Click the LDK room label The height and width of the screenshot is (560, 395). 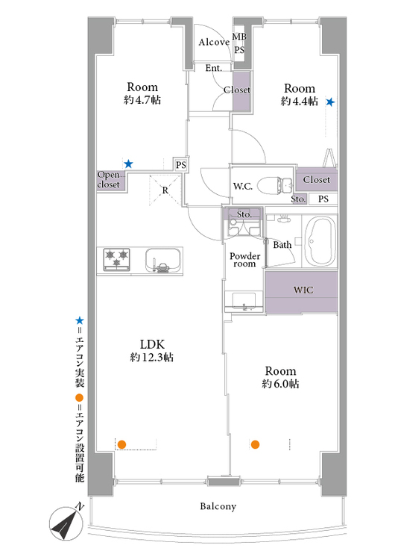(152, 344)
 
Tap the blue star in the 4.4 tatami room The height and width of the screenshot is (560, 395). (330, 102)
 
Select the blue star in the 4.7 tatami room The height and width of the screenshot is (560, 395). (128, 164)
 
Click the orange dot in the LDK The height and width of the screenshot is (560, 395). (122, 445)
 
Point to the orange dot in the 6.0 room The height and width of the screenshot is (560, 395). (255, 445)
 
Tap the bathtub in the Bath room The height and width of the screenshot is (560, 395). (320, 241)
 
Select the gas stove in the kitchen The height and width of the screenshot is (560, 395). (116, 259)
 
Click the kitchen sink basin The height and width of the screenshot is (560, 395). (162, 260)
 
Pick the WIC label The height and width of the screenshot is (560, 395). (303, 290)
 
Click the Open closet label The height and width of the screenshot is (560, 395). (109, 180)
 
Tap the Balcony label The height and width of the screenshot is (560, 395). (218, 506)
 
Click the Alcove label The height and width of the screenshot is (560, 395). (214, 42)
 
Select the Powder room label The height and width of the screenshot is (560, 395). (245, 260)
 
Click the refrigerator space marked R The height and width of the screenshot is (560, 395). (165, 190)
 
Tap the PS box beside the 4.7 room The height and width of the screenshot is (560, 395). (181, 165)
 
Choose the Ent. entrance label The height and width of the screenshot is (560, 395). (214, 68)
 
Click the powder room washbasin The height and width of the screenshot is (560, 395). (244, 302)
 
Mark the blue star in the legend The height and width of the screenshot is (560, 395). (80, 320)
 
